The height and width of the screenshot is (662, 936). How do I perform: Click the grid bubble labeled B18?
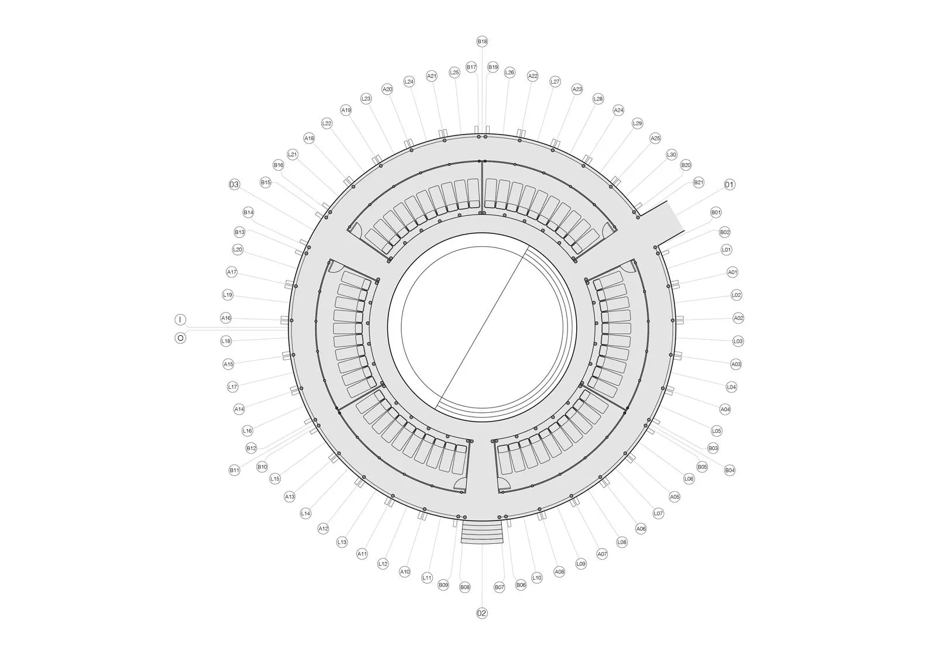click(482, 42)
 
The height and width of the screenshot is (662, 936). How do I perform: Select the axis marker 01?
click(729, 185)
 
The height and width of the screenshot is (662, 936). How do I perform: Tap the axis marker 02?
click(482, 613)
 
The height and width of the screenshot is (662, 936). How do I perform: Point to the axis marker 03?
click(235, 184)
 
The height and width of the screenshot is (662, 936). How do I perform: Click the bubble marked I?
click(180, 320)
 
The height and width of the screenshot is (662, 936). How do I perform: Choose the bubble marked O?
click(181, 338)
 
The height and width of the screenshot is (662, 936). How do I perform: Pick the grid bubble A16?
click(226, 318)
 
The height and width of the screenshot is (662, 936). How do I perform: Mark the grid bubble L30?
click(671, 154)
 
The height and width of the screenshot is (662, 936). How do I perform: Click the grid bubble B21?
click(698, 182)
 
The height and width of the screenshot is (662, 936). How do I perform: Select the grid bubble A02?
click(739, 318)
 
